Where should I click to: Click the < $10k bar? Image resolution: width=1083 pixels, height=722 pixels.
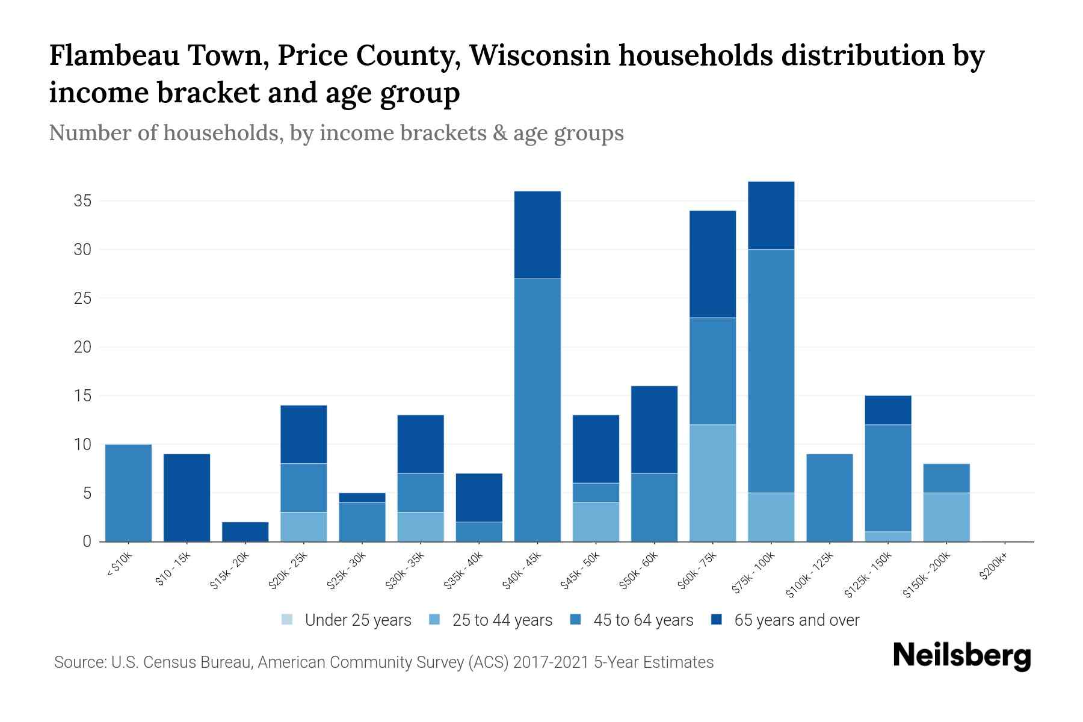pos(128,493)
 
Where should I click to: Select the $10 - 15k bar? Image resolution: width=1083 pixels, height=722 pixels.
pos(187,498)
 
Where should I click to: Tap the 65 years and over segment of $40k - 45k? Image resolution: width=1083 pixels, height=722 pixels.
pos(537,235)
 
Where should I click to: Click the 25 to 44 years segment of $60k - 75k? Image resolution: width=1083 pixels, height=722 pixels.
pos(712,483)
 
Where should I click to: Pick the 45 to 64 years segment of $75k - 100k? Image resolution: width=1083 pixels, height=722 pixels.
pos(771,371)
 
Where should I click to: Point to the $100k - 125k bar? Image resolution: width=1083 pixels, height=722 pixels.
pos(829,498)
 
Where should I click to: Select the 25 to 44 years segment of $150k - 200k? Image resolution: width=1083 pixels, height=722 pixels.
pos(946,517)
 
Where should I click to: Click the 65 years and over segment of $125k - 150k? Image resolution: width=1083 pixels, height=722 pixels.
pos(887,410)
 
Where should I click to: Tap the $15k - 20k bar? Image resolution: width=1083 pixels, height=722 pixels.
pos(245,531)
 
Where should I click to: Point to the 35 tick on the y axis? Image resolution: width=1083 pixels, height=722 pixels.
pos(82,201)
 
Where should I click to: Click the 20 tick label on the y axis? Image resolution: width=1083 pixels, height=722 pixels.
pos(82,347)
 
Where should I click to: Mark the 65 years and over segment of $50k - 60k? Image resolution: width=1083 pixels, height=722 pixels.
pos(654,430)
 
